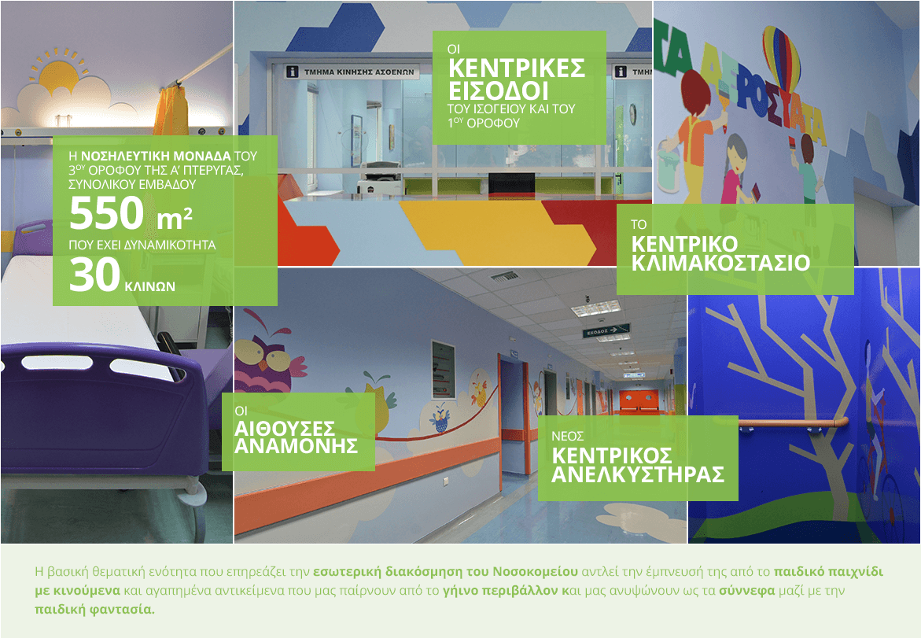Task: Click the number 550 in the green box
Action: coord(106,213)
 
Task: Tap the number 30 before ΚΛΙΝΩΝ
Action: coord(94,275)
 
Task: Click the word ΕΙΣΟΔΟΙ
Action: coord(499,91)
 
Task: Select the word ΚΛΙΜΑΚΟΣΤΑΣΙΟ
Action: coord(720,263)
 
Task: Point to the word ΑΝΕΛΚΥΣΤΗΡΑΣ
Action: coord(638,474)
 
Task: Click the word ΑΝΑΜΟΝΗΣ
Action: coord(296,446)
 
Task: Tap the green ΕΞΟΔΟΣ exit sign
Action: coord(606,332)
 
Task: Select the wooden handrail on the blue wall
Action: coord(794,422)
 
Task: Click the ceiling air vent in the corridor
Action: coord(505,275)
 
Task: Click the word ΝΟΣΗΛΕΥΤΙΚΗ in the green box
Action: coord(156,157)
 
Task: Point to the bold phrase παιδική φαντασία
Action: coord(94,609)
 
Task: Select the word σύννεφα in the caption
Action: coord(747,591)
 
